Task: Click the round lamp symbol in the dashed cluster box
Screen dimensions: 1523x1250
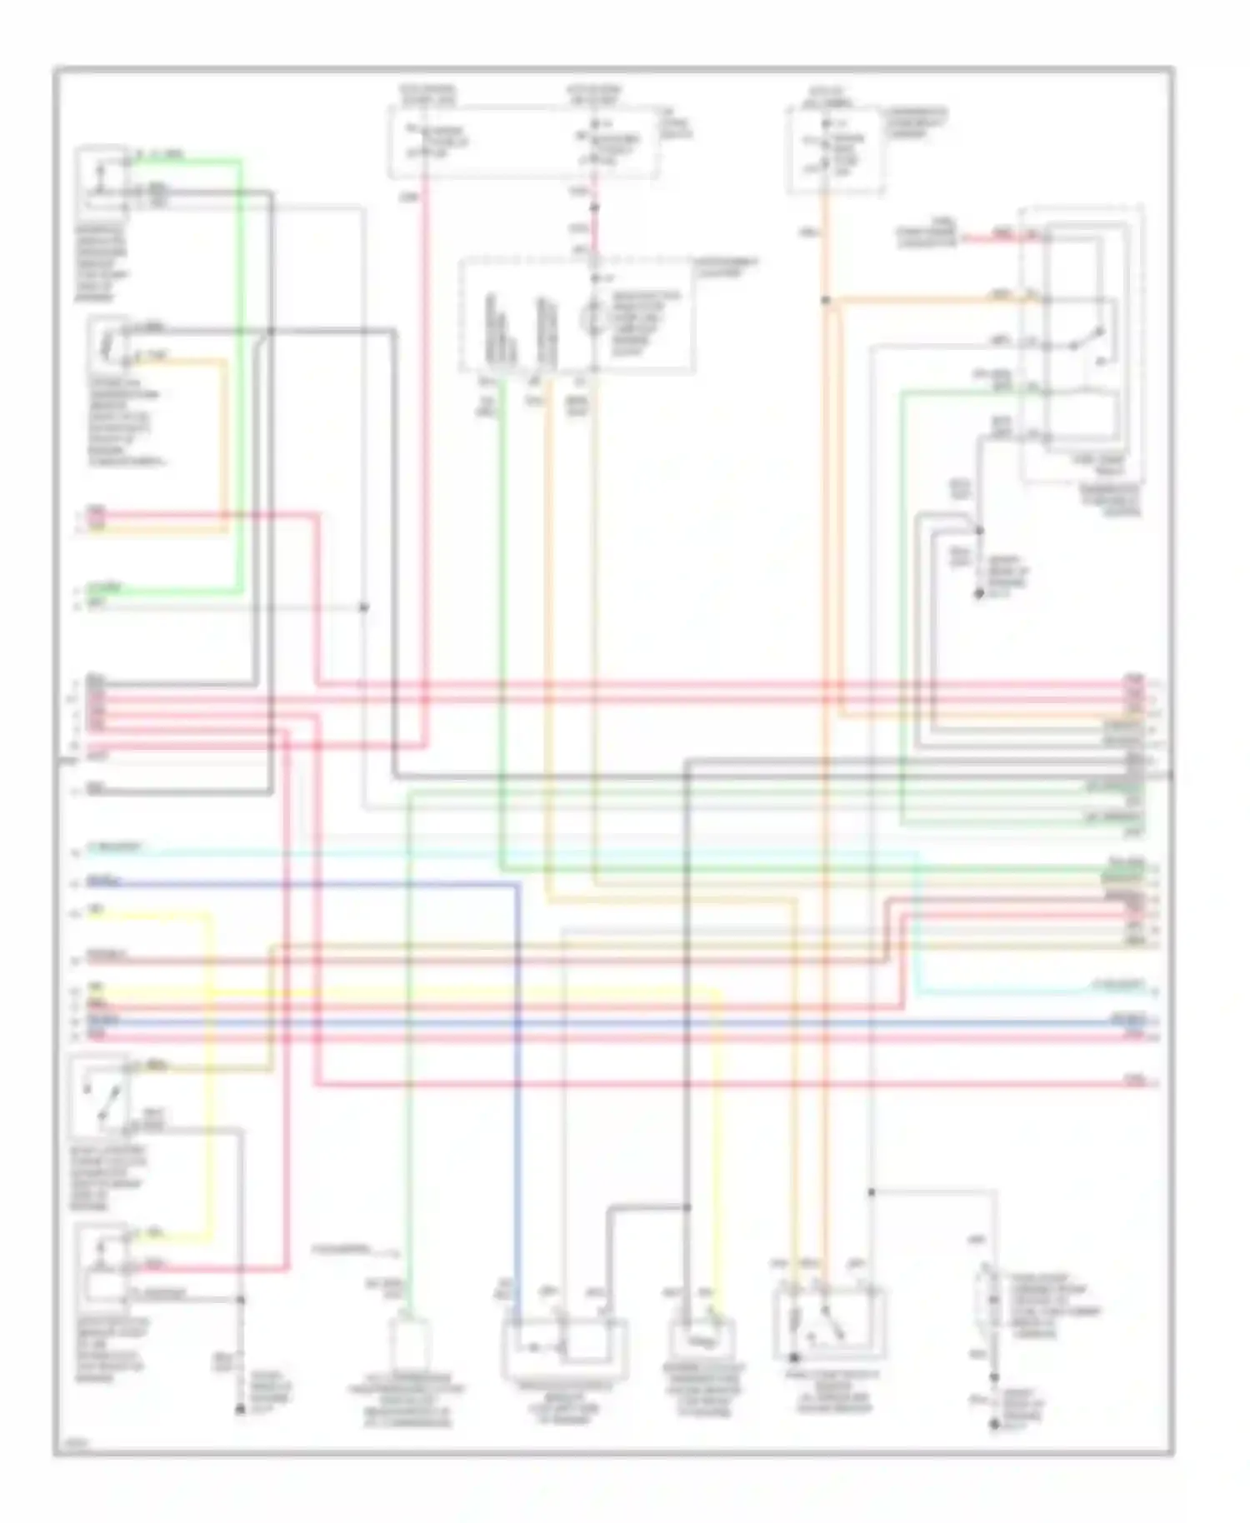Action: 593,317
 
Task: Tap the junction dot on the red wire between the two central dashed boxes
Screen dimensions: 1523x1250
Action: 594,206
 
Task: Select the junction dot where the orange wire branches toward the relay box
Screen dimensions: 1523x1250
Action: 825,300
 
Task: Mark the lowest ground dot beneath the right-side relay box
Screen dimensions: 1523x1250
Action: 979,594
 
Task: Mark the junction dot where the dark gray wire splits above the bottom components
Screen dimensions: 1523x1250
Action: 687,1206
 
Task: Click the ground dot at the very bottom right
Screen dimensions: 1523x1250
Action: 993,1426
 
